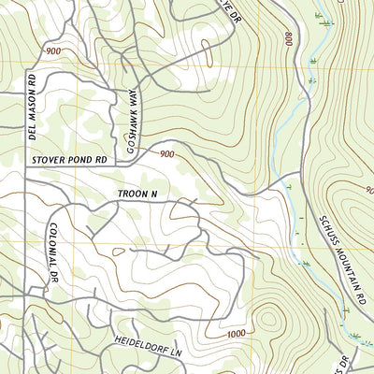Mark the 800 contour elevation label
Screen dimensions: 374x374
[x=284, y=39]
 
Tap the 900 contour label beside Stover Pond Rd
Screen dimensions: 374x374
[x=165, y=154]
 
